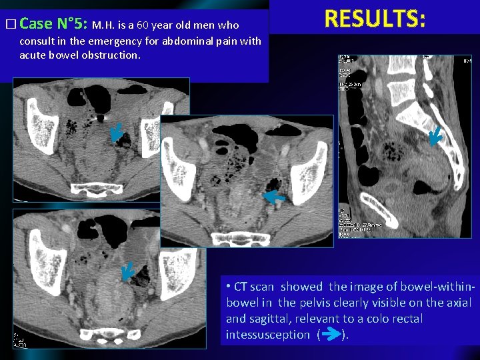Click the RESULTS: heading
[x=375, y=19]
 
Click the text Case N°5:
[x=53, y=24]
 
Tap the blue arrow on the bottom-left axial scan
[x=127, y=270]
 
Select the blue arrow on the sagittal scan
[x=435, y=137]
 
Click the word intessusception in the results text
[x=268, y=335]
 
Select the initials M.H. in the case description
[x=105, y=25]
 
